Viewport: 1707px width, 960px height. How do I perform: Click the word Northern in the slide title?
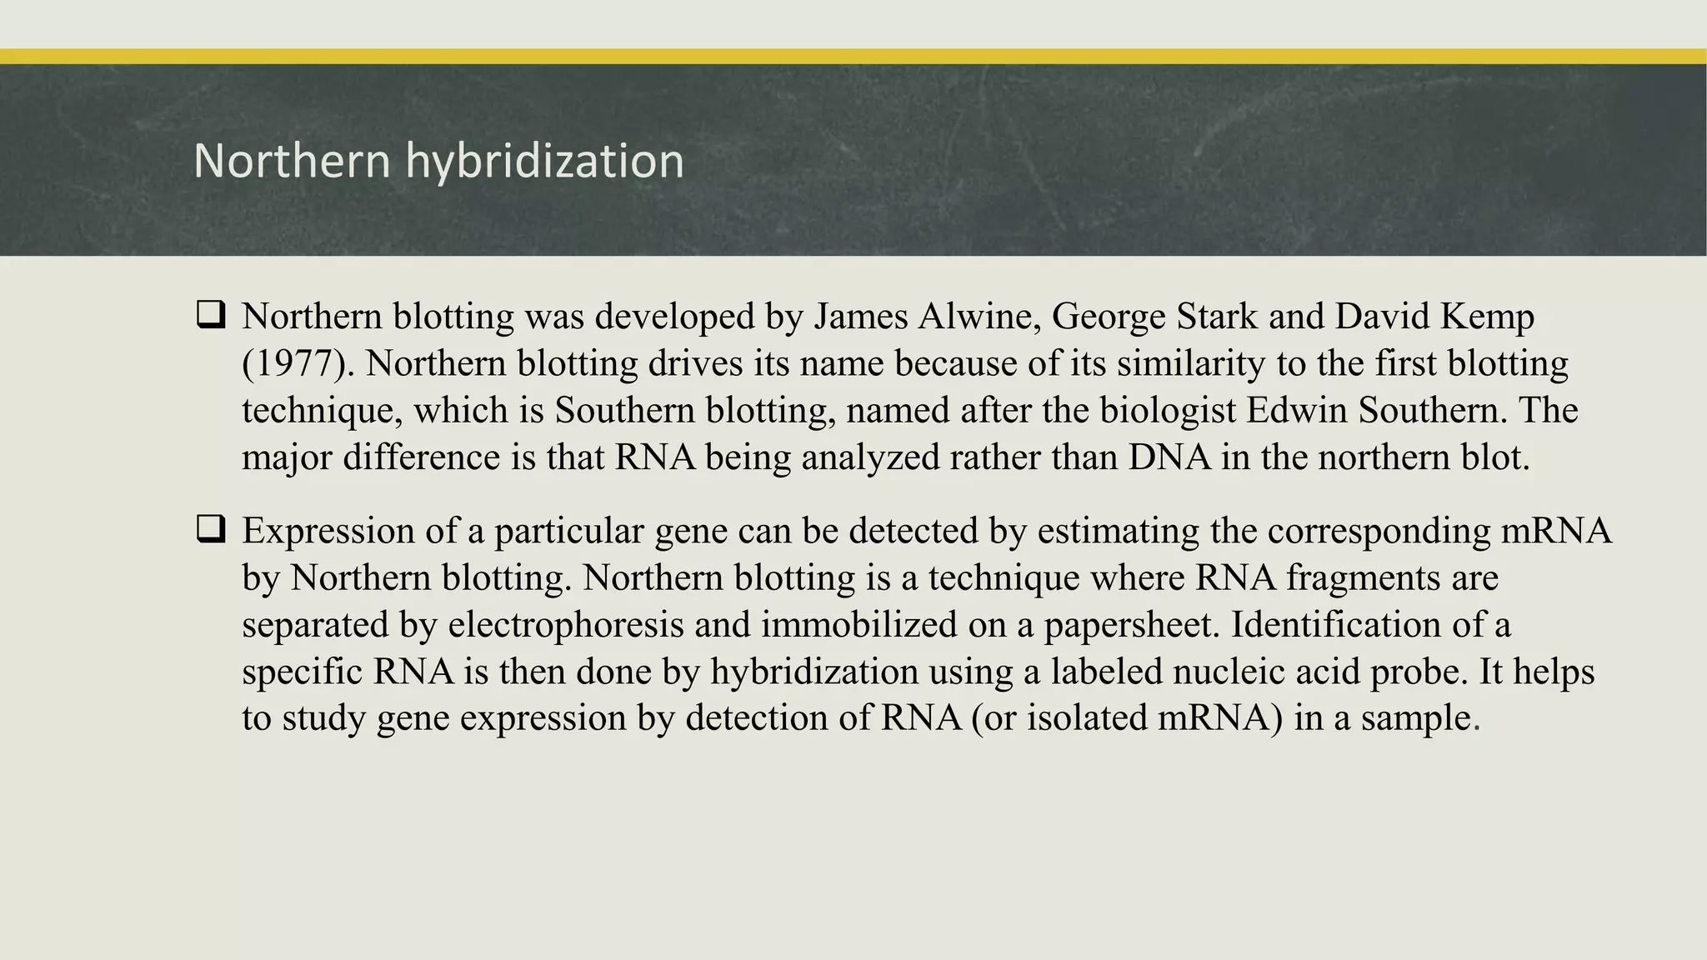click(292, 161)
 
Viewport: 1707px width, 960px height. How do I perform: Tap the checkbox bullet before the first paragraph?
click(211, 315)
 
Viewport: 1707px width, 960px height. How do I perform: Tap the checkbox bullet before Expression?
click(211, 529)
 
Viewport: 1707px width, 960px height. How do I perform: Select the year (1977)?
click(298, 364)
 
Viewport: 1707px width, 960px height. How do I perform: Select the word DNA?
click(1169, 457)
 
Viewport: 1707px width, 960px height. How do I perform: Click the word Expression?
click(328, 531)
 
